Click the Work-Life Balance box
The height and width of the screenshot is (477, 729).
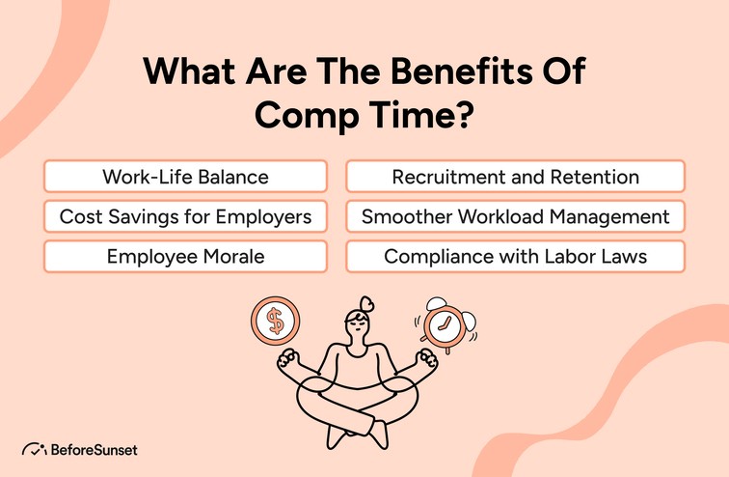click(185, 177)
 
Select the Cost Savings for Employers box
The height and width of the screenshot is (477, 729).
click(185, 216)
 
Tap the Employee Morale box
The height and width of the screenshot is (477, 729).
click(185, 256)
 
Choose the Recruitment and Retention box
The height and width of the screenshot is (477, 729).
click(515, 177)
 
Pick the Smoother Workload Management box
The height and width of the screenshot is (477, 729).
click(515, 216)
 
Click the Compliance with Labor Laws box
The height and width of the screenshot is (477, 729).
click(515, 256)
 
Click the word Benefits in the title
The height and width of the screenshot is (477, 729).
click(463, 74)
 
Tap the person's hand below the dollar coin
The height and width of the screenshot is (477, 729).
click(288, 363)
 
